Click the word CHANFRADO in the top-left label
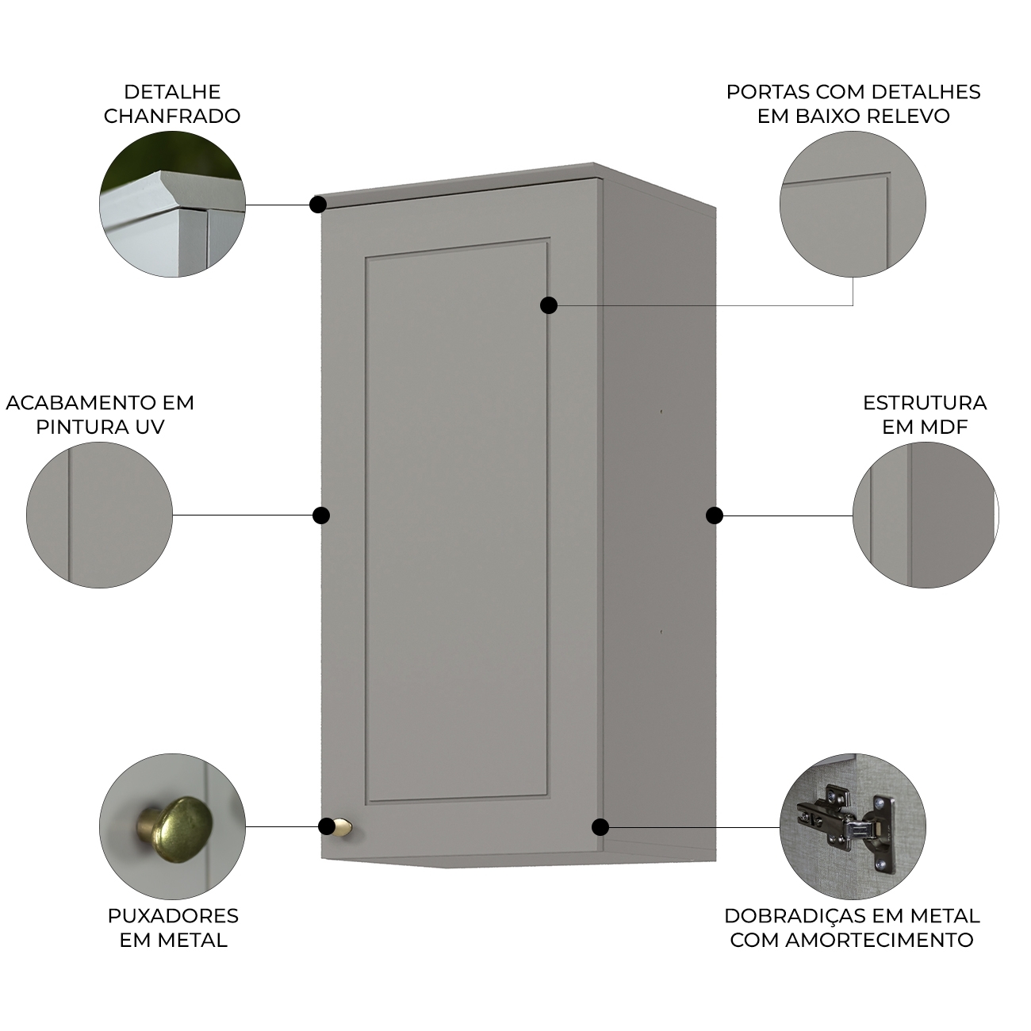172,116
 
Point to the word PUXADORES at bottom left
173,915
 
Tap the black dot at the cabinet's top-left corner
318,205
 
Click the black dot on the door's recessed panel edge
548,305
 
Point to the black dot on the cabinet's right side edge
715,515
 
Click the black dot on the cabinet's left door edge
321,515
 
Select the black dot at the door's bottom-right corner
600,826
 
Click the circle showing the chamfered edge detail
172,204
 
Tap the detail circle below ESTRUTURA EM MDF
926,515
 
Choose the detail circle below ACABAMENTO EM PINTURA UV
99,515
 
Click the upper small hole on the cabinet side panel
661,412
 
